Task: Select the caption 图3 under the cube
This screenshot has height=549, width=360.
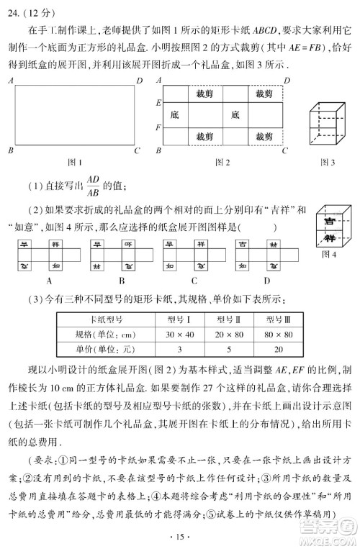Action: [x=325, y=162]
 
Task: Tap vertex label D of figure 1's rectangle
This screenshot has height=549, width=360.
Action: [x=139, y=81]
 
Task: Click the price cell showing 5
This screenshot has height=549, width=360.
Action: [x=236, y=350]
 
